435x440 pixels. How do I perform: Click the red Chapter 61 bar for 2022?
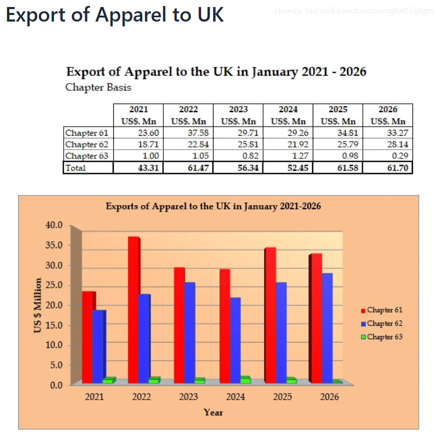(x=133, y=310)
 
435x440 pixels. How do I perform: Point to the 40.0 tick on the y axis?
(x=56, y=225)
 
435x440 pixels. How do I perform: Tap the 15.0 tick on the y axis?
(x=56, y=325)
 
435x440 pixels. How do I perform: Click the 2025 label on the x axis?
(x=282, y=397)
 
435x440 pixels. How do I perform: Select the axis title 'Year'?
(x=213, y=413)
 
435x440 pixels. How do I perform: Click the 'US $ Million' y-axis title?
(x=38, y=305)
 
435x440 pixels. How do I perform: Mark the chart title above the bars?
(x=213, y=206)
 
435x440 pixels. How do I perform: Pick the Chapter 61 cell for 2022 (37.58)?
(x=188, y=132)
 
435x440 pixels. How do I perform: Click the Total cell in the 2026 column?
(x=388, y=168)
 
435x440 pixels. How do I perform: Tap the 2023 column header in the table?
(x=238, y=109)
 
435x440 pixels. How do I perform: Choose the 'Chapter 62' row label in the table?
(x=87, y=144)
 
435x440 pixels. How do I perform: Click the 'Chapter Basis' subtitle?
(x=98, y=87)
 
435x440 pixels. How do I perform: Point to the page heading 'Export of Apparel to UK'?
(x=115, y=15)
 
